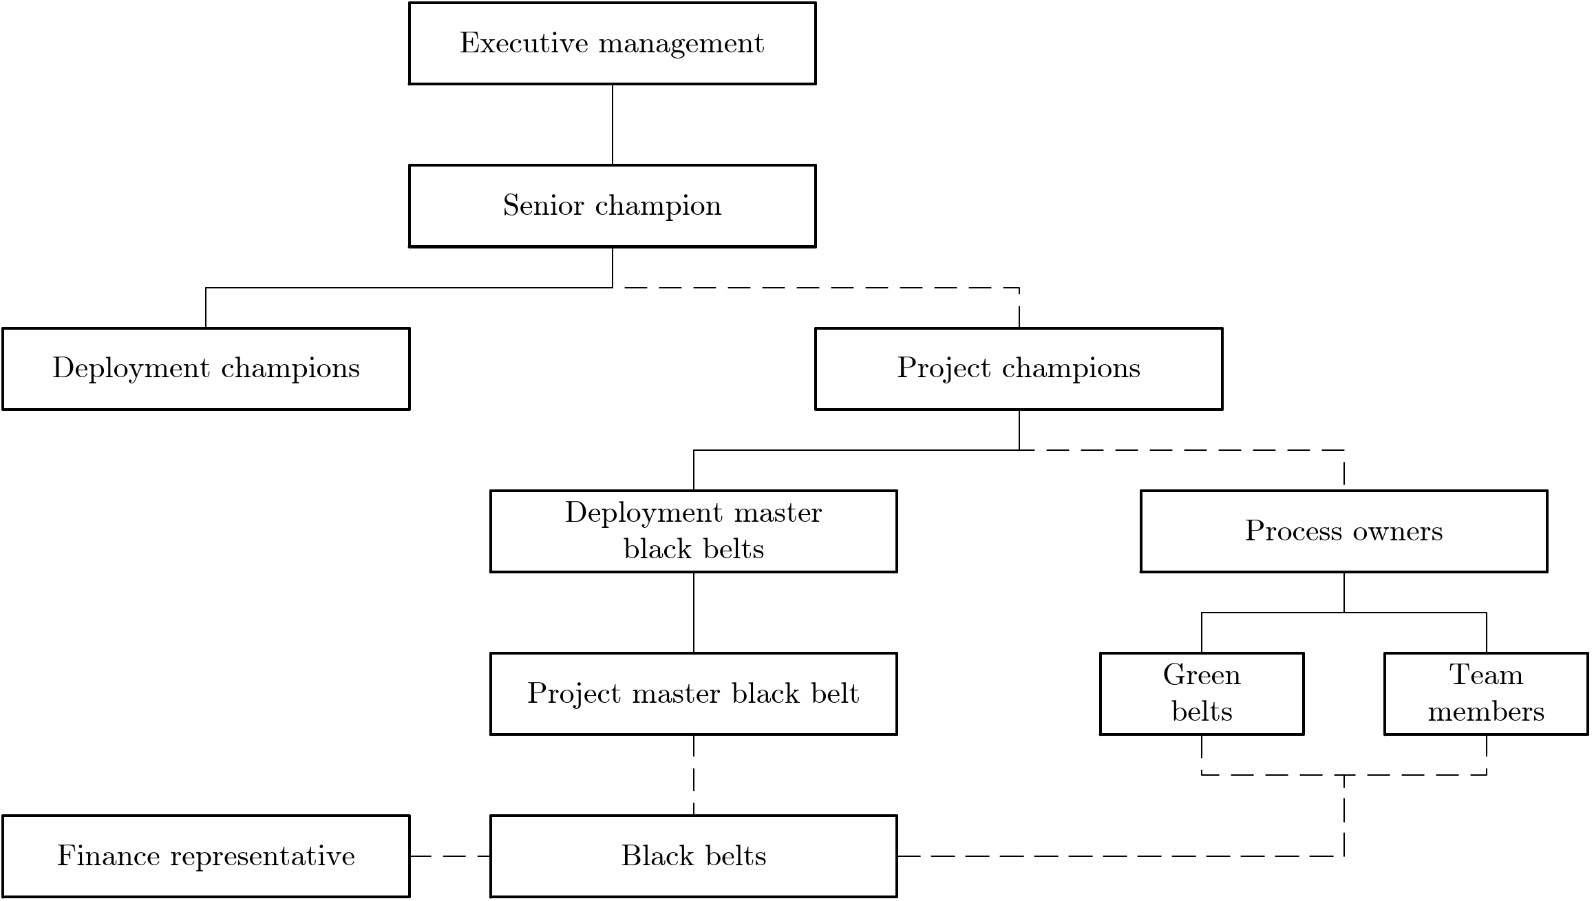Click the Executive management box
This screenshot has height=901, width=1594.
[x=612, y=43]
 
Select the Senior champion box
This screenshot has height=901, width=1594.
[x=612, y=206]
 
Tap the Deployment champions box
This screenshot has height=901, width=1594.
[x=206, y=369]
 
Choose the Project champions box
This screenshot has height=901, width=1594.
[x=1019, y=369]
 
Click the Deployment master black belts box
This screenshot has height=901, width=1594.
[x=693, y=531]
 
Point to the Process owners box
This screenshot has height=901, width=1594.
[x=1343, y=531]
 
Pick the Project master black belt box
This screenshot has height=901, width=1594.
[x=693, y=694]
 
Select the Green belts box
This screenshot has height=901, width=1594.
[x=1202, y=694]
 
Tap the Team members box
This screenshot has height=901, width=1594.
[x=1486, y=694]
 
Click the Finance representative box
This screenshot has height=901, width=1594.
[x=206, y=856]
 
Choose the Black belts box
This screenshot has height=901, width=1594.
[x=693, y=856]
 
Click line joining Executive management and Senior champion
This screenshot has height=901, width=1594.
[x=612, y=125]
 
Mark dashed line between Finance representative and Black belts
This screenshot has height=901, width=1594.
[x=450, y=856]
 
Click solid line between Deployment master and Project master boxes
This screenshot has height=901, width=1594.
[x=693, y=613]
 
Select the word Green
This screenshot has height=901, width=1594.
[x=1202, y=675]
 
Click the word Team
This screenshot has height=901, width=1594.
[x=1486, y=675]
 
